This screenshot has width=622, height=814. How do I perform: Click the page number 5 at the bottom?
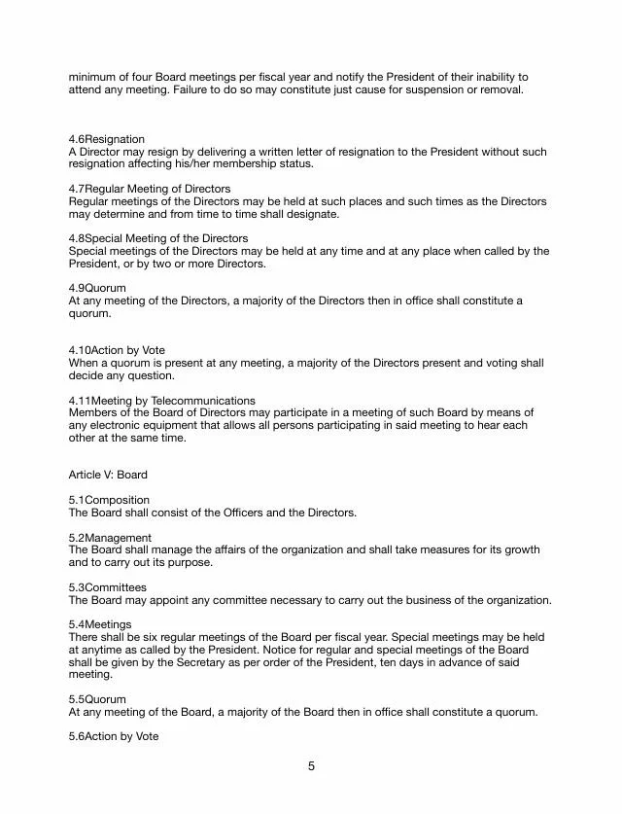(x=311, y=766)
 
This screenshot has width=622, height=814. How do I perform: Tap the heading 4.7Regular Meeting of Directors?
(x=150, y=189)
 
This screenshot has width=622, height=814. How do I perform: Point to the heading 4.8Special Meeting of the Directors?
(x=157, y=238)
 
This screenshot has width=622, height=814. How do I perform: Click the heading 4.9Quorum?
(x=97, y=289)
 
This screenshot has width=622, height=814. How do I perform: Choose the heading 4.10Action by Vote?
(x=117, y=350)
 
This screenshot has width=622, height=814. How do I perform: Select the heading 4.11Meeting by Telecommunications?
(x=161, y=400)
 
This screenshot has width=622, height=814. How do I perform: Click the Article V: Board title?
(x=108, y=475)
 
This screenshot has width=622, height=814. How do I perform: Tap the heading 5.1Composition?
(x=109, y=500)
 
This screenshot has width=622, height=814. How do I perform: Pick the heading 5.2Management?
(x=110, y=538)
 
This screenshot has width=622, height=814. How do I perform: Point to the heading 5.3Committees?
(x=108, y=587)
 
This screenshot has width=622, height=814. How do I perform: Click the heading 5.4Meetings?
(x=100, y=624)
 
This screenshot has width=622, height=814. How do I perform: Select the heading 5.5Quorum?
(x=97, y=699)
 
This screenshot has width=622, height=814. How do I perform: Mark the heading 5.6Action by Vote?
(x=114, y=736)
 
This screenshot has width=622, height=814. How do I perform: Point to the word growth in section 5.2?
(x=521, y=550)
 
